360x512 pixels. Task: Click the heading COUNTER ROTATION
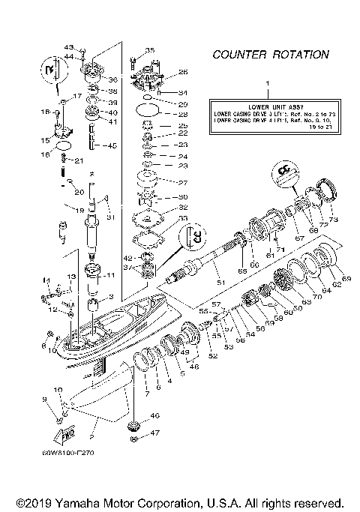click(270, 55)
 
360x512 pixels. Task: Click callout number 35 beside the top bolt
click(149, 50)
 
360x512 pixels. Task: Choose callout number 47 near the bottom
click(155, 433)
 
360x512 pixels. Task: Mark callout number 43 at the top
click(89, 47)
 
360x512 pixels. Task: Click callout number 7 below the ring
click(147, 393)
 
